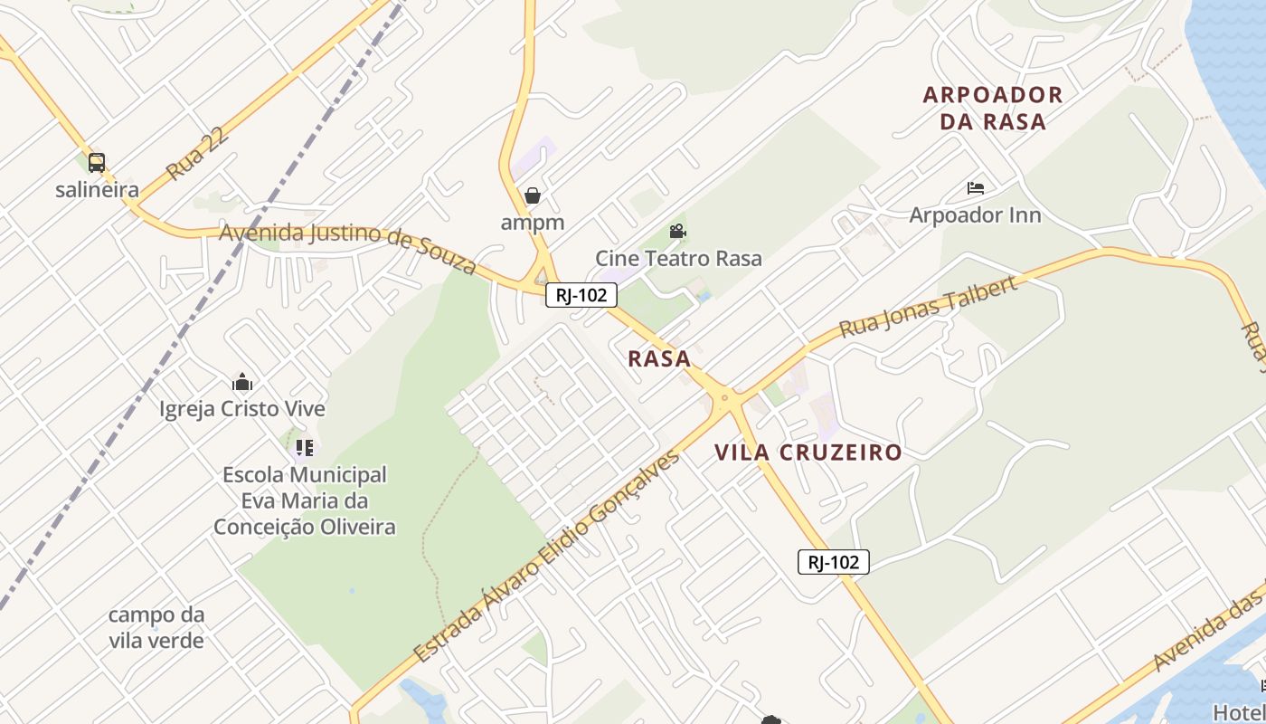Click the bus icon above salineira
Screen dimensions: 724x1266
[97, 163]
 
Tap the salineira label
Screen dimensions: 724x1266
[97, 190]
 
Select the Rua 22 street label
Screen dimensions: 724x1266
[198, 154]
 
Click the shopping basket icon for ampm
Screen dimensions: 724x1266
[533, 195]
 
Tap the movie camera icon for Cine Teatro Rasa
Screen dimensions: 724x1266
[677, 232]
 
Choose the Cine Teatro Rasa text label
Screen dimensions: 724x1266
[678, 258]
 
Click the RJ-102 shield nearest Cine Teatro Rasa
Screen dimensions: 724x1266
[581, 294]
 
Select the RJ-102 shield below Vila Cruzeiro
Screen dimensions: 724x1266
[833, 562]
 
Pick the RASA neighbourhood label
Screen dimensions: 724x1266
[659, 358]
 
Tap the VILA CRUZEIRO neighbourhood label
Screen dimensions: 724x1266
[808, 452]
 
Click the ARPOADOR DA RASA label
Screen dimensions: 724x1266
[993, 108]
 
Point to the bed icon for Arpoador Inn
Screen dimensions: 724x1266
[976, 188]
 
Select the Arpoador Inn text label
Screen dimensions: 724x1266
[975, 215]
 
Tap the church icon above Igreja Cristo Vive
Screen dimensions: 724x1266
[241, 382]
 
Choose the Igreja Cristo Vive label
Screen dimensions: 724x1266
[241, 409]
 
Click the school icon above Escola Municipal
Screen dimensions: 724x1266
[305, 447]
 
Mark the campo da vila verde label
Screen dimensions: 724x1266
[156, 627]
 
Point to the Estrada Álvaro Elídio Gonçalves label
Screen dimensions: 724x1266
[546, 557]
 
